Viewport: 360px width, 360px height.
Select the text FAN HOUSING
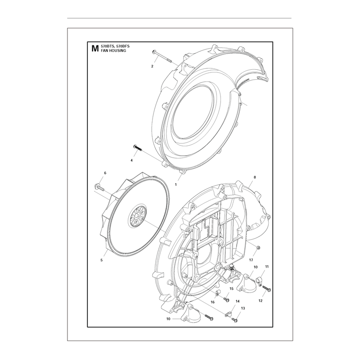point(113,51)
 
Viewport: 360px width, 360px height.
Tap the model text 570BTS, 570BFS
point(115,46)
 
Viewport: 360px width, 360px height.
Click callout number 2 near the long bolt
point(152,66)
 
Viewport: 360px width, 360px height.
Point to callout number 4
point(131,161)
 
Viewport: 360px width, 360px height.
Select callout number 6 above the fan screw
point(105,173)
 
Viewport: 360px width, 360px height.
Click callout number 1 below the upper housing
point(176,184)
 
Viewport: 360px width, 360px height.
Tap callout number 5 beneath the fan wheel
point(102,260)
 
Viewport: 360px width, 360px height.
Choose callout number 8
point(255,177)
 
